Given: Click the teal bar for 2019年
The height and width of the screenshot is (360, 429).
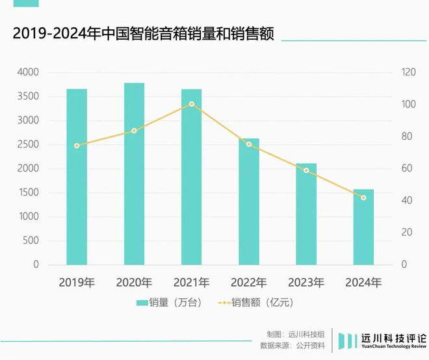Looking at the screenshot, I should click(x=77, y=177).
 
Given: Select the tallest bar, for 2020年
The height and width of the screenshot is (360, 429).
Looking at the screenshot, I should click(x=134, y=174).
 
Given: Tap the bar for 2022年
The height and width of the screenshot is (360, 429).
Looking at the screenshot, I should click(x=248, y=201).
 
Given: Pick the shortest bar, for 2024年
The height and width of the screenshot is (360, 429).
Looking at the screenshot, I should click(x=363, y=227).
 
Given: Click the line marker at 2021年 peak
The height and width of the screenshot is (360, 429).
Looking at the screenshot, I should click(x=191, y=104).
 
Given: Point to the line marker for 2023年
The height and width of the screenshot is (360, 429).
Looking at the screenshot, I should click(x=305, y=170).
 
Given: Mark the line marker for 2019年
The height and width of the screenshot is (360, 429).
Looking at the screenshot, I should click(x=77, y=146).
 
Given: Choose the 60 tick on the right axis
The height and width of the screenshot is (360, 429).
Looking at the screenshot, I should click(x=406, y=169).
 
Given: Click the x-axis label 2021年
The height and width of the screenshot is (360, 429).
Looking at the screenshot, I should click(x=191, y=283).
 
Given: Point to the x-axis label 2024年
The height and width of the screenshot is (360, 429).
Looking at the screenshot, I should click(x=363, y=283).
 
